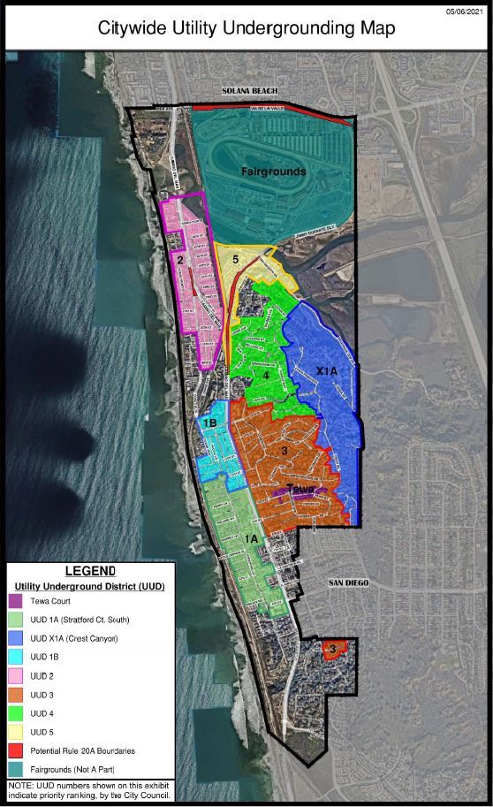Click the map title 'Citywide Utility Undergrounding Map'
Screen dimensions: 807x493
click(x=246, y=28)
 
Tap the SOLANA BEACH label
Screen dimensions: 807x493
click(x=251, y=91)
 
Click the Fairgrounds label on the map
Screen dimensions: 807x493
click(x=276, y=171)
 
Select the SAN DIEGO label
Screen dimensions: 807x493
click(x=348, y=583)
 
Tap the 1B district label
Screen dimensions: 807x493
click(x=209, y=423)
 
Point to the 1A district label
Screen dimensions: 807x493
click(x=251, y=538)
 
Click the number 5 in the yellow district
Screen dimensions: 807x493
click(x=235, y=260)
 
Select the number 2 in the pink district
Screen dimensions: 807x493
click(x=179, y=260)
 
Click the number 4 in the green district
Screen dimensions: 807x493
click(x=266, y=375)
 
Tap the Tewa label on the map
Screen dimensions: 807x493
click(x=301, y=489)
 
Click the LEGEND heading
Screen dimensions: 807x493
click(x=90, y=571)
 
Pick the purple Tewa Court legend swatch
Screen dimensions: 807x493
click(x=19, y=600)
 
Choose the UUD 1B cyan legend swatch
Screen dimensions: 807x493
click(x=19, y=657)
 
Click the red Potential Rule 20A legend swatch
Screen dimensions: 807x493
click(x=19, y=750)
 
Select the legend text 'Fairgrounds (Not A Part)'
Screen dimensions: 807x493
click(x=72, y=769)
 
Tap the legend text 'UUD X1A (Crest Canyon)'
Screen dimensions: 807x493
click(x=74, y=638)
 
